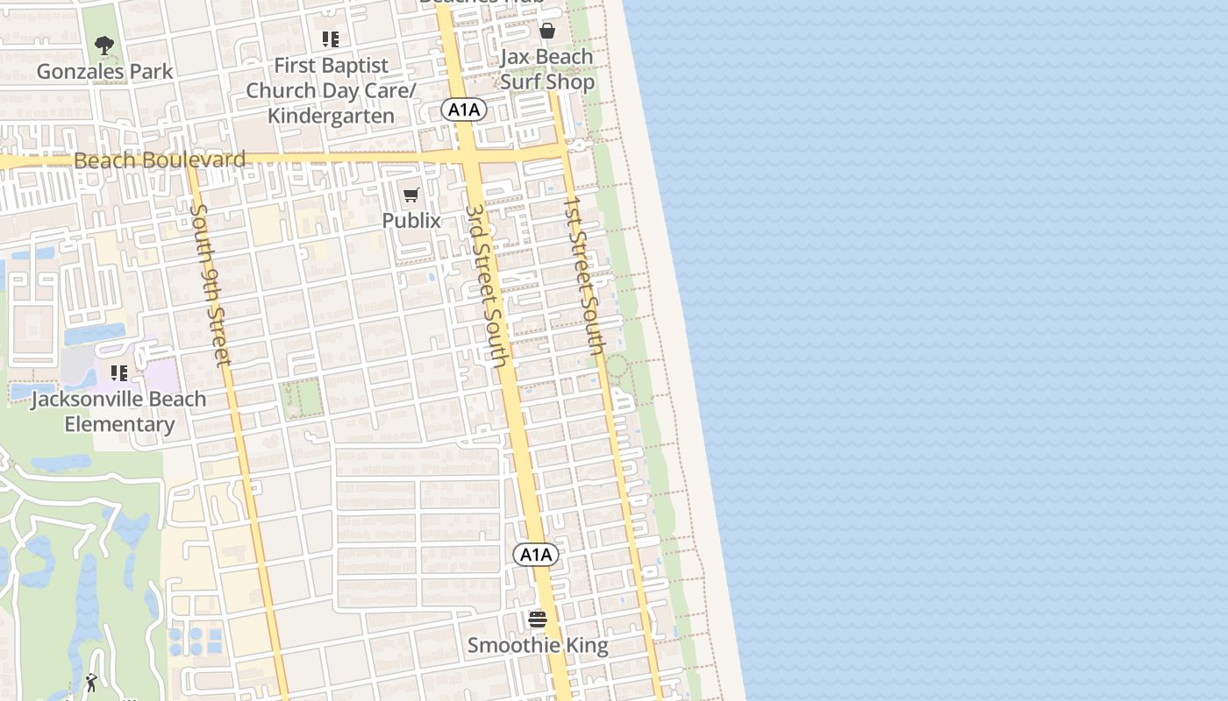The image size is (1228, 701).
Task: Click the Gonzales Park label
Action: (x=105, y=71)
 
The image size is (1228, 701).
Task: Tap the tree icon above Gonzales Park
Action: (x=104, y=45)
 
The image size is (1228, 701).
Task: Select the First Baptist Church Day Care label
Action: (x=331, y=78)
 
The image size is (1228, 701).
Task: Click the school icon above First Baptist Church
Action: (x=330, y=39)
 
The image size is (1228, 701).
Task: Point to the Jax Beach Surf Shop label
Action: (x=547, y=69)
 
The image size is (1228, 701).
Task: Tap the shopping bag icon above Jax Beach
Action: (x=547, y=32)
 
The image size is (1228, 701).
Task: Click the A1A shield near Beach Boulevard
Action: (x=463, y=110)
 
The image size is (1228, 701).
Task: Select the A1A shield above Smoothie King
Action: (x=535, y=555)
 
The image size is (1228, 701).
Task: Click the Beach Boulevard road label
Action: (x=160, y=160)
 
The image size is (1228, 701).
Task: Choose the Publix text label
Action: (x=411, y=220)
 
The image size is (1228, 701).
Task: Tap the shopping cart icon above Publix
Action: (x=411, y=195)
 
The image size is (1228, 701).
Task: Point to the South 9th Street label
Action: (x=211, y=284)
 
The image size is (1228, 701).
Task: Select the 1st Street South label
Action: (x=585, y=274)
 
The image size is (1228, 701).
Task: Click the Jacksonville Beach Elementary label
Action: (x=119, y=412)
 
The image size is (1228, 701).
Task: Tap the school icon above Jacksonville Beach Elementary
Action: (x=119, y=374)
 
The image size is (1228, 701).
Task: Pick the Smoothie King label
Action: (x=537, y=646)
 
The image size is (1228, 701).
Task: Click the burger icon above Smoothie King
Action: (x=538, y=620)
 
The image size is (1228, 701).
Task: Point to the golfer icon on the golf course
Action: (x=92, y=683)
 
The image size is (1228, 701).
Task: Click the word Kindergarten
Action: (x=331, y=116)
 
